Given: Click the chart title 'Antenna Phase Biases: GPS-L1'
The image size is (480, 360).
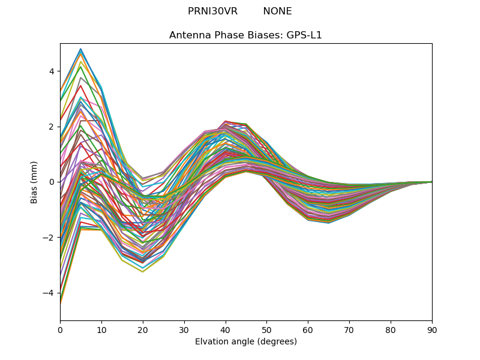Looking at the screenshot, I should pos(245,35).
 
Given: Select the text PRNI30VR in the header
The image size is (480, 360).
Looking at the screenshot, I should pos(212,11).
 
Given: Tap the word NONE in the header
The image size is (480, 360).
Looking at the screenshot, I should pos(277,11).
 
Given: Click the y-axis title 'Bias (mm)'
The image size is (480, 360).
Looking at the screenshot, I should pos(34,182).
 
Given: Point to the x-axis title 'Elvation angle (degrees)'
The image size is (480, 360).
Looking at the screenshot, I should pos(245,342).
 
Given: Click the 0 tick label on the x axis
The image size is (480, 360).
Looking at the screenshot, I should pos(60,329).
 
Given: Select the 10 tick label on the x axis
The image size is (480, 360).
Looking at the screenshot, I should pos(101,329).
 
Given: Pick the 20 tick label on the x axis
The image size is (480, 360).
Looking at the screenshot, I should pos(143,329).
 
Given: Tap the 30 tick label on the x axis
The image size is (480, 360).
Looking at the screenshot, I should pos(184,329).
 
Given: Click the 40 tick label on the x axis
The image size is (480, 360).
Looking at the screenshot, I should pos(226,329).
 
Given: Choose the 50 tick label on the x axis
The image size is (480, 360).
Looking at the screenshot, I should pos(266,329).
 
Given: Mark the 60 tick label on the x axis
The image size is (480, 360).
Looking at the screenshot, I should pos(308,329).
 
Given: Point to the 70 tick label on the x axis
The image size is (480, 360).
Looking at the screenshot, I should pos(349,329).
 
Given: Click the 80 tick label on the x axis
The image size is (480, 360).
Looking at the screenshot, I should pos(391,329).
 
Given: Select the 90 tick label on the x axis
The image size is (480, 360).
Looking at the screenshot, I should pos(432,329).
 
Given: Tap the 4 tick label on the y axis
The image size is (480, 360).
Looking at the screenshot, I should pos(51,71).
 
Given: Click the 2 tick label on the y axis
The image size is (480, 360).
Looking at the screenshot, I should pos(51,127).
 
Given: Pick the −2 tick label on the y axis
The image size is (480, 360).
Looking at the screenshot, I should pos(49,238).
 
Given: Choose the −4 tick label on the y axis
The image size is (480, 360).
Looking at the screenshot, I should pos(49,293).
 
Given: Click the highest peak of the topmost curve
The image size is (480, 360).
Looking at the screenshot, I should pos(80,49).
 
